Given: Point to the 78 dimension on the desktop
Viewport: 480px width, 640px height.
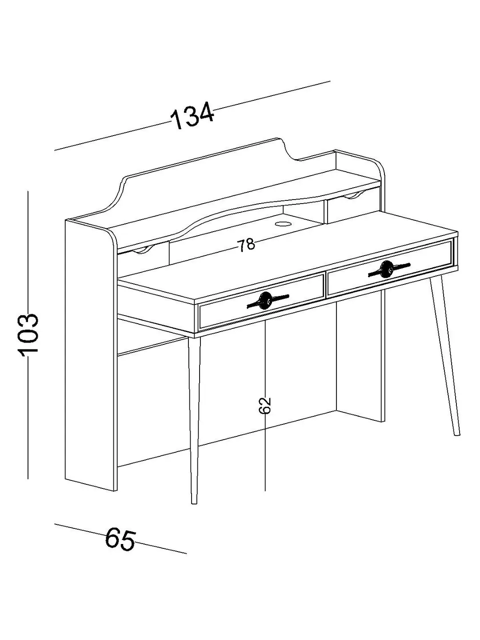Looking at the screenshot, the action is [x=247, y=245].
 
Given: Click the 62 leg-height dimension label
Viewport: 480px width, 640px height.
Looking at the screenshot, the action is [x=265, y=405].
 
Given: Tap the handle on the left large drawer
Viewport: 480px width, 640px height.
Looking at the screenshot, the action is [x=268, y=300].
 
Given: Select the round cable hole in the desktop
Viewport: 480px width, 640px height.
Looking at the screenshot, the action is [x=283, y=224].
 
